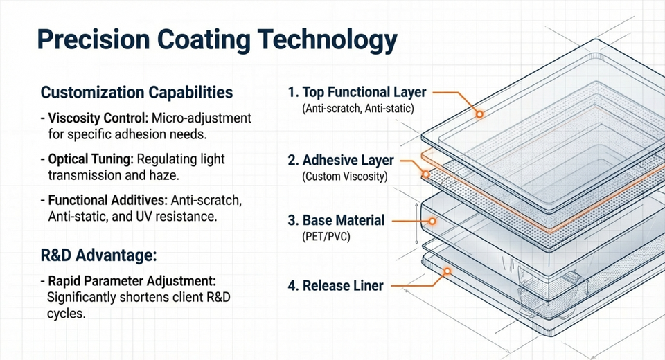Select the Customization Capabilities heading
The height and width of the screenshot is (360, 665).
click(x=137, y=92)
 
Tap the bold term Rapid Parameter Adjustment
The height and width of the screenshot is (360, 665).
click(x=132, y=282)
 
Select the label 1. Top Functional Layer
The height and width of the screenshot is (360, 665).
click(x=357, y=93)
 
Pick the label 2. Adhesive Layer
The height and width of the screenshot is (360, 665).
click(x=340, y=160)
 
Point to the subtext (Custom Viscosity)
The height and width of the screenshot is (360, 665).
click(x=345, y=177)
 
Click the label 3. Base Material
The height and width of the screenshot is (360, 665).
click(x=335, y=221)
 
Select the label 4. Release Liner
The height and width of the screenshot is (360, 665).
click(x=335, y=285)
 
